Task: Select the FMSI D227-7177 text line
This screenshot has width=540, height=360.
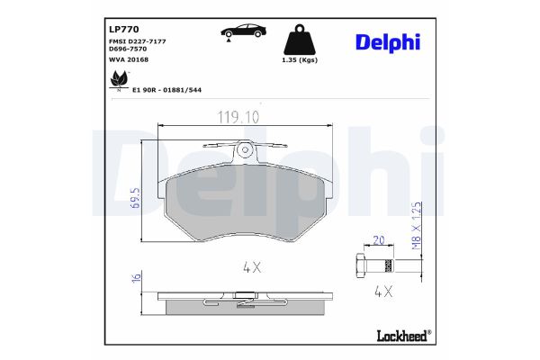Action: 131,42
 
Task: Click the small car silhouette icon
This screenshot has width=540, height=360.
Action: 242,31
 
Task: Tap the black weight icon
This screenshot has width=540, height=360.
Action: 300,40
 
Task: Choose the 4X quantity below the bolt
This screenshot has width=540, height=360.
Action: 384,292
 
